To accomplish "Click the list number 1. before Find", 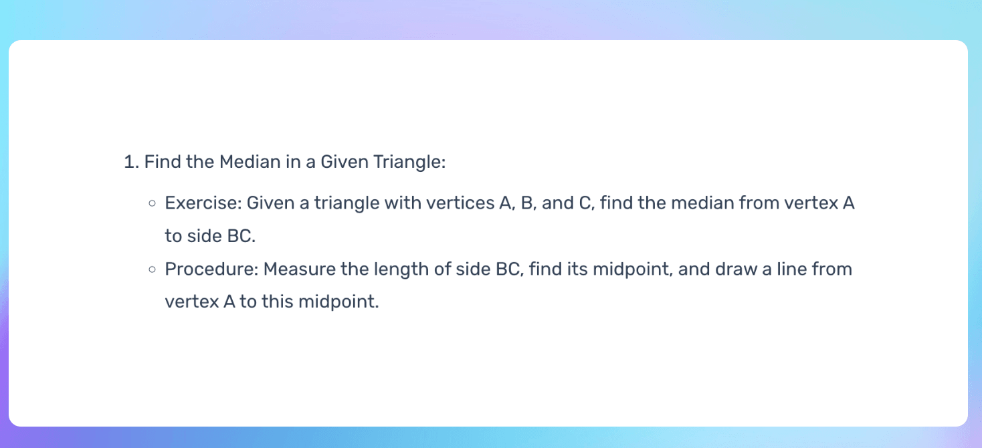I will click(x=130, y=162).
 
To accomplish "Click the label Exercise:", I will click(x=203, y=203).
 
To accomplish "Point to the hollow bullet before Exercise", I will click(x=153, y=203).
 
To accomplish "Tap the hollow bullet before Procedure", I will click(x=153, y=269).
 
